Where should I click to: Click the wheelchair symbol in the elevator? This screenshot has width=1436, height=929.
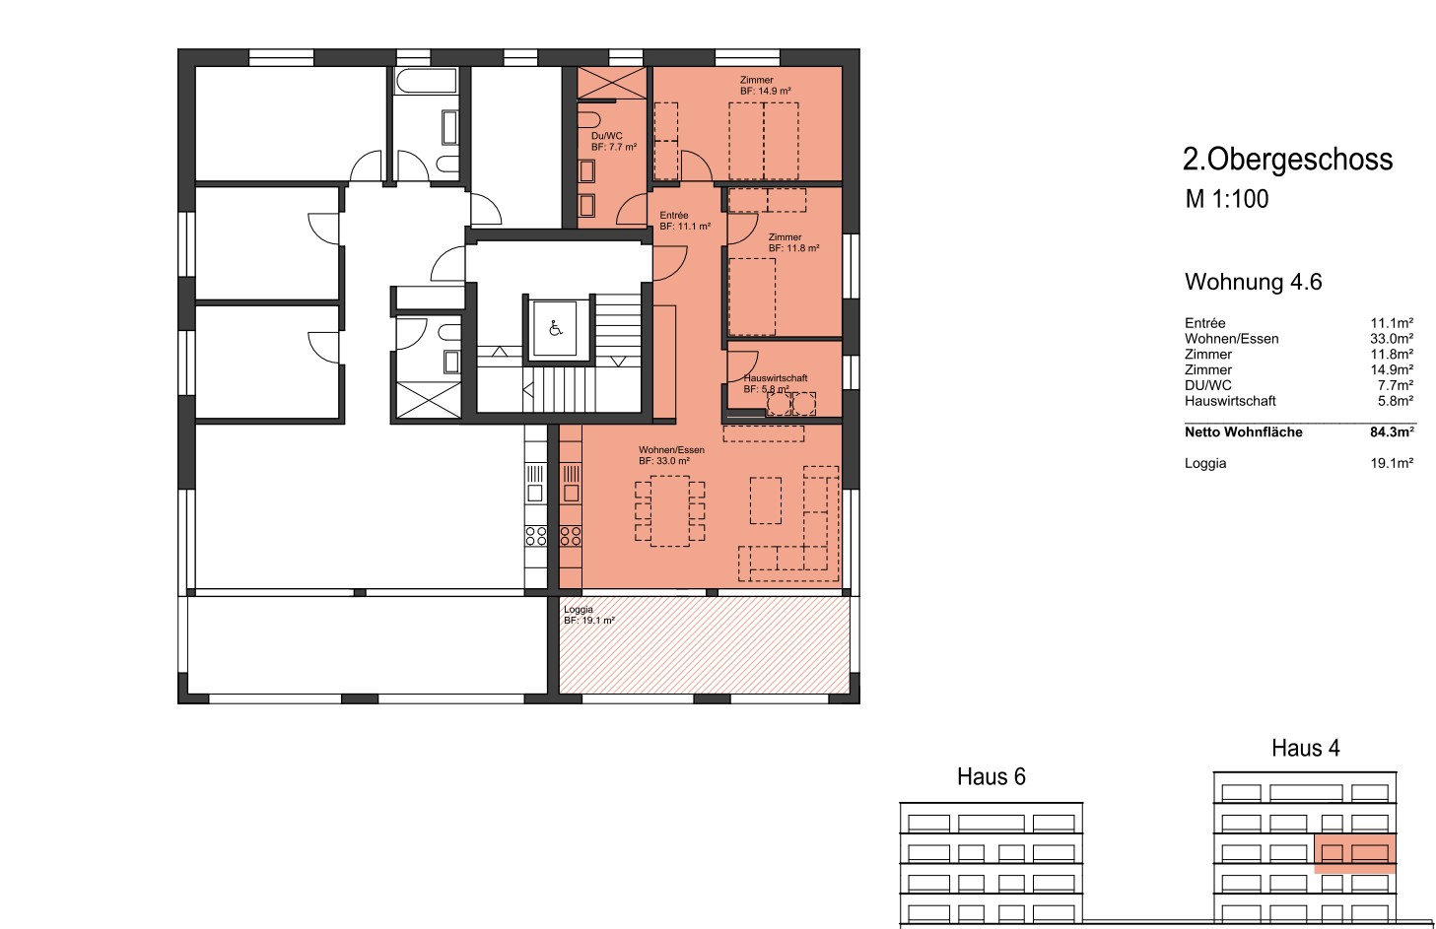click(555, 329)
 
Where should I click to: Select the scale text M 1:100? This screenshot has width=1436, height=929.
click(1226, 199)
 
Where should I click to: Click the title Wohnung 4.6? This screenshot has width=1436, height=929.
click(1254, 282)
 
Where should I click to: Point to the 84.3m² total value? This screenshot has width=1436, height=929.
click(1392, 431)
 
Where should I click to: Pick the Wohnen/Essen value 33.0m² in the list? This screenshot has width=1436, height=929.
click(1392, 338)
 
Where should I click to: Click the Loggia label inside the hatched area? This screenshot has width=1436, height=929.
click(579, 609)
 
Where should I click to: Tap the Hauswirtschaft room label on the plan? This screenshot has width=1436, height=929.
click(775, 378)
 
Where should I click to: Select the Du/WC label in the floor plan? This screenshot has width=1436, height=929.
click(606, 136)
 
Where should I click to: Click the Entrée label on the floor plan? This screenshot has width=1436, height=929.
click(674, 216)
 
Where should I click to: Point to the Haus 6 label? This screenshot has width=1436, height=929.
click(992, 776)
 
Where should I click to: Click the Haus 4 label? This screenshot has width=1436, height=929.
click(1305, 748)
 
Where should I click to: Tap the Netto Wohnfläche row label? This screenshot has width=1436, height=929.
click(1243, 431)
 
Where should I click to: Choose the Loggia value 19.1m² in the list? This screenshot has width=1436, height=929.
click(1392, 463)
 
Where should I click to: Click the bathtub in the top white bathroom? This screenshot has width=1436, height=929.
click(427, 81)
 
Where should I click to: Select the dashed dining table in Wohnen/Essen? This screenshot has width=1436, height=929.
click(670, 510)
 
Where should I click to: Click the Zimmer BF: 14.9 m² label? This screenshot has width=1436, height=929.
click(766, 85)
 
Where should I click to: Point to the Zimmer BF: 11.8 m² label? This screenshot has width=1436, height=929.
click(793, 242)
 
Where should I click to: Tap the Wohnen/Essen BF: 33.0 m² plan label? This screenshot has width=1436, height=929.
click(671, 455)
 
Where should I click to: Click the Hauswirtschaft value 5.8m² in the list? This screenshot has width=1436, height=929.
click(1395, 400)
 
